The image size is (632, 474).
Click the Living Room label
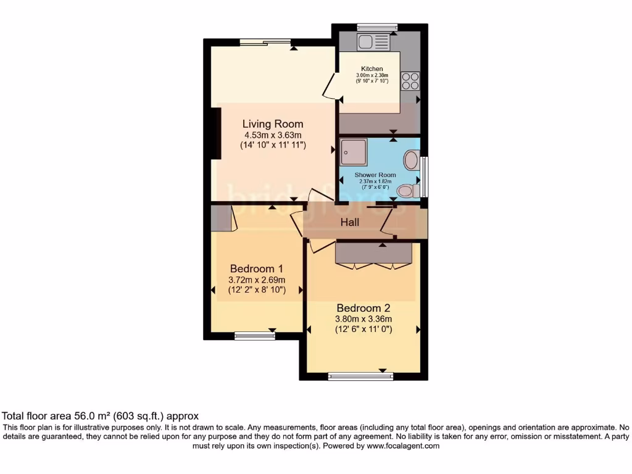pyautogui.click(x=272, y=124)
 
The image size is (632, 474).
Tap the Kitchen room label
pyautogui.click(x=372, y=69)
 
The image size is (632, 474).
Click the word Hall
pyautogui.click(x=350, y=222)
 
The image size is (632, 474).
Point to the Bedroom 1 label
pyautogui.click(x=256, y=268)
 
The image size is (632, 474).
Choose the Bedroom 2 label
pyautogui.click(x=364, y=308)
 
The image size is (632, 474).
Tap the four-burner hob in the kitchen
pyautogui.click(x=410, y=81)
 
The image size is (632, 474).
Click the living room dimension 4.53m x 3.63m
pyautogui.click(x=272, y=135)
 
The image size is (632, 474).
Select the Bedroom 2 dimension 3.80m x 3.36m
pyautogui.click(x=364, y=319)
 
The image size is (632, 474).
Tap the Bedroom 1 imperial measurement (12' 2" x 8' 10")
pyautogui.click(x=256, y=289)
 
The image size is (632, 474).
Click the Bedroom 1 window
pyautogui.click(x=255, y=336)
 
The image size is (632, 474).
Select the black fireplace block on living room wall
pyautogui.click(x=215, y=133)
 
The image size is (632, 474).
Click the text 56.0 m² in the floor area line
pyautogui.click(x=92, y=417)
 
